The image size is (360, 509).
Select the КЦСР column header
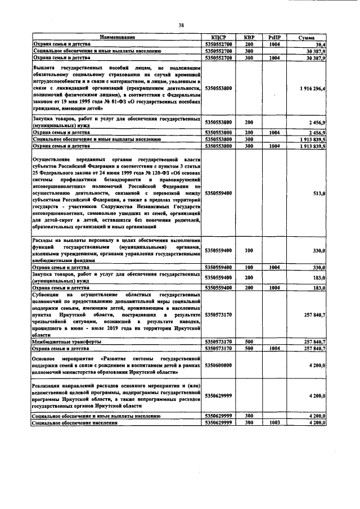coord(218,37)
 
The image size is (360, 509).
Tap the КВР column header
coord(249,37)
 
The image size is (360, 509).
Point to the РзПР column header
coord(274,37)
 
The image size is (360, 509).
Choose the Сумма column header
coord(307,37)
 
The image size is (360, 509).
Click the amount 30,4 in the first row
coord(321,43)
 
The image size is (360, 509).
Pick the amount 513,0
coord(319,193)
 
